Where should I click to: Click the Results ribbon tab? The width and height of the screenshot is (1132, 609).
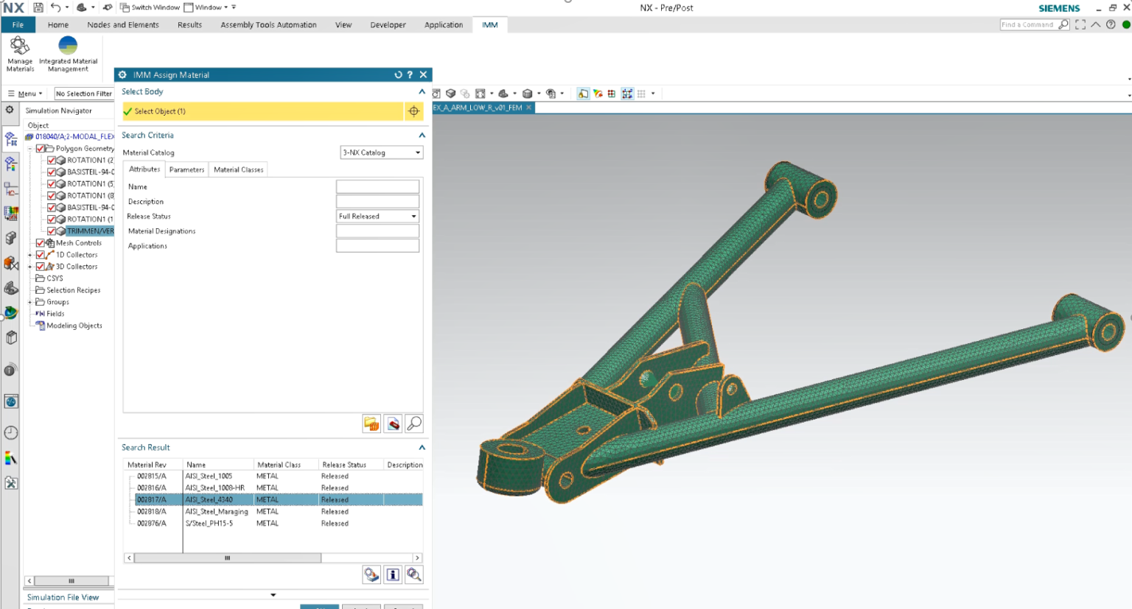189,25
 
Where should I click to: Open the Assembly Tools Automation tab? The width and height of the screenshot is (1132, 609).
268,25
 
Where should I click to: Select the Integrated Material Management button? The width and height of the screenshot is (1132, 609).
68,53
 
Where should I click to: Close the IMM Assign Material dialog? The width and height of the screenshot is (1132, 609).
423,74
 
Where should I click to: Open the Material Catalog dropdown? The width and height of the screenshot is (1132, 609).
382,152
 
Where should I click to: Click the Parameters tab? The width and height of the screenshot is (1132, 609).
186,169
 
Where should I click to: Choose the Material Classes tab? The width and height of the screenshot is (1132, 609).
238,169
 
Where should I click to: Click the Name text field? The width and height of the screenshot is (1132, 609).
377,187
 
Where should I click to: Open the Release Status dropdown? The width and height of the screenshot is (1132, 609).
378,217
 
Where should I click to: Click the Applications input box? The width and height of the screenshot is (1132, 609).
377,246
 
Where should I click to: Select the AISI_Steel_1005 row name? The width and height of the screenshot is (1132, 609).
209,476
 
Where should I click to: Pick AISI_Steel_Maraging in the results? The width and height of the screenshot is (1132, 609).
217,512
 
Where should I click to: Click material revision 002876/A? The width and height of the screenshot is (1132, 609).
152,524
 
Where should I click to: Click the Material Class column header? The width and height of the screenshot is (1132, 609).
279,465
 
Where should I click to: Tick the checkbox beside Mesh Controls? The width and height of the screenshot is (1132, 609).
41,243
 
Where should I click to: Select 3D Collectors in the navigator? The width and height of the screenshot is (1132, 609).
77,267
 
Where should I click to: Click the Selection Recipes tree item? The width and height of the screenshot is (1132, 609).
73,290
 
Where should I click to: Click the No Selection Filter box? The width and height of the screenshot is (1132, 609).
83,94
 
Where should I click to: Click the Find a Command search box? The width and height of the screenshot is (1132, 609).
1027,25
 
